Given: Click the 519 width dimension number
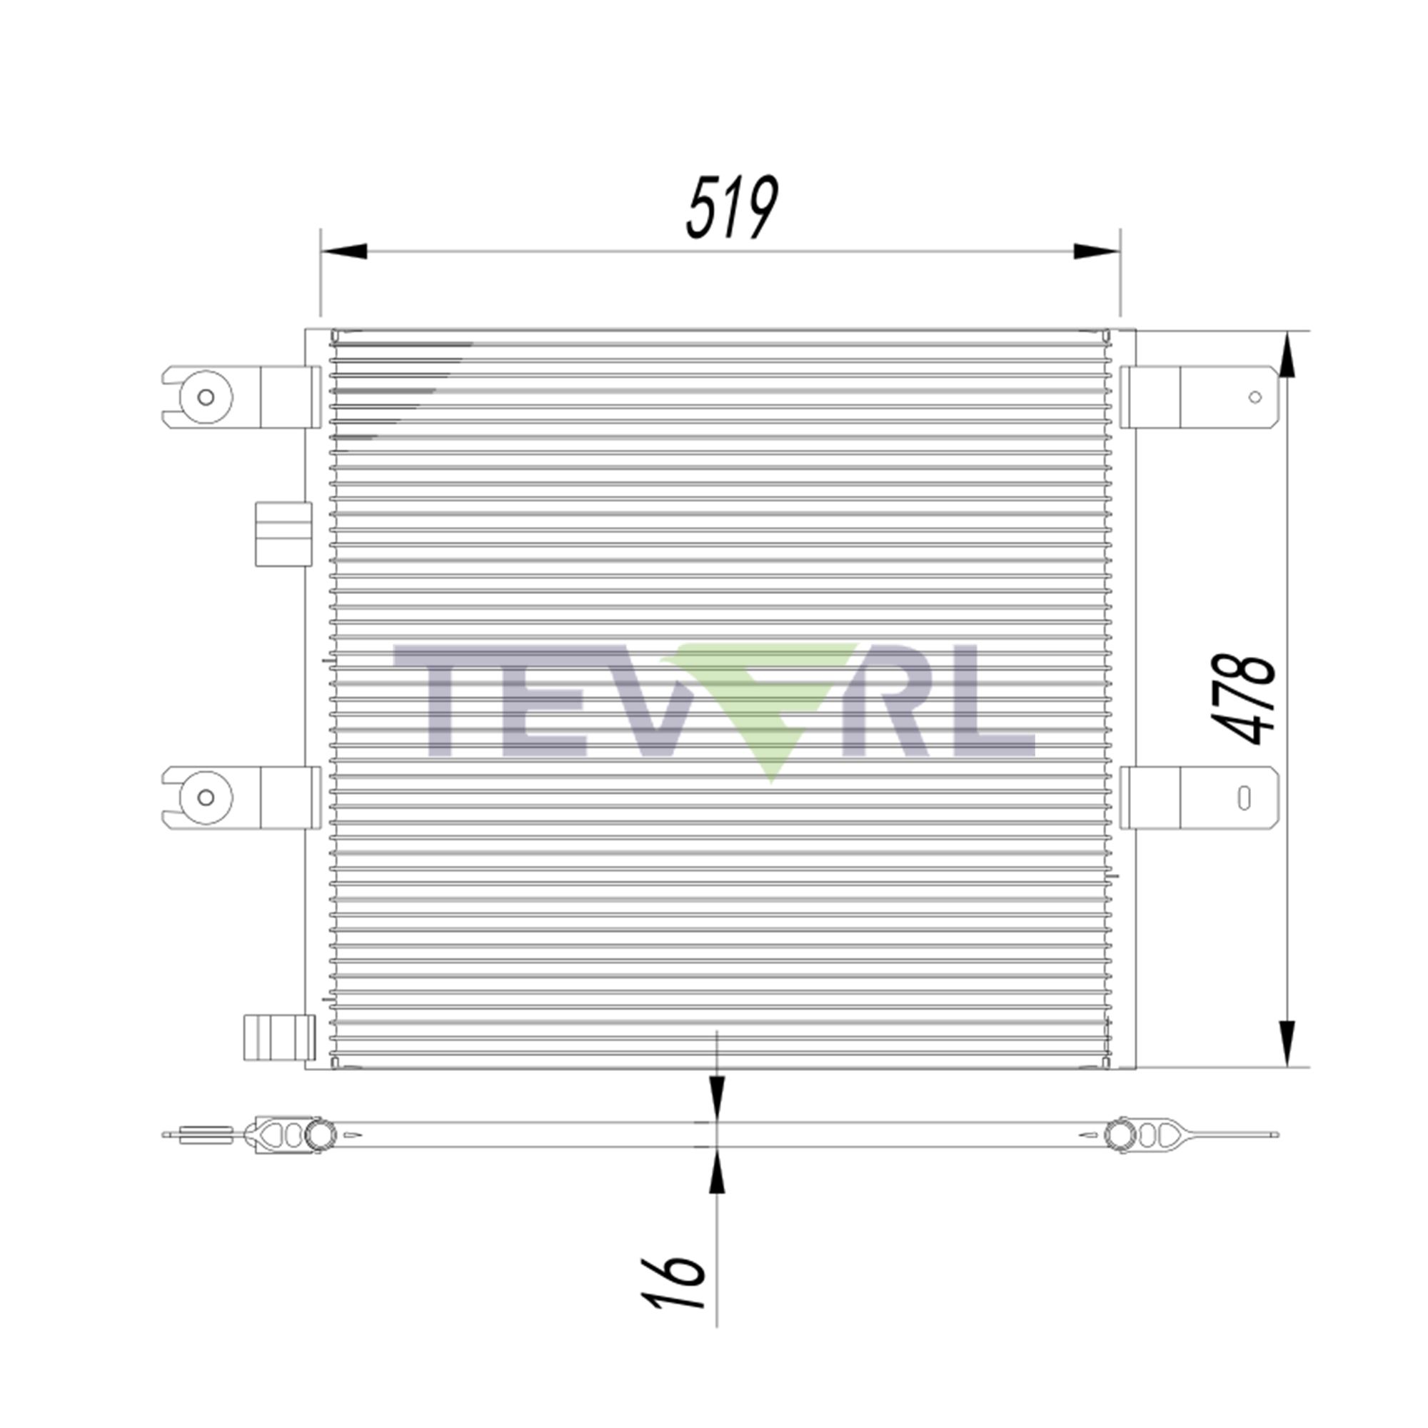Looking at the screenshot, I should (732, 208).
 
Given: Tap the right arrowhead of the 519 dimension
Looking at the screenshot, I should (1096, 251).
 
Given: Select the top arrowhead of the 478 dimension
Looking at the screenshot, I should (1287, 357).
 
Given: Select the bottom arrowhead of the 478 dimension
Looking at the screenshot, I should (1287, 1042).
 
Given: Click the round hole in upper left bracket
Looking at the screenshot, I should (206, 398).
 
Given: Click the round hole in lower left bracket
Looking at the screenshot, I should (206, 798).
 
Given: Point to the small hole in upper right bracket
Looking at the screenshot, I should (1255, 398).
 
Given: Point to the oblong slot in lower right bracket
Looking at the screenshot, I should (1245, 798).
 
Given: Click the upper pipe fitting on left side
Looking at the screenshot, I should (283, 534).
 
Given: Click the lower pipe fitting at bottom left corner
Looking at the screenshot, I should (279, 1037).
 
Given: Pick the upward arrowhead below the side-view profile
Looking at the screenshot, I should (717, 1173).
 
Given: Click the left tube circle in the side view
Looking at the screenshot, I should (320, 1135).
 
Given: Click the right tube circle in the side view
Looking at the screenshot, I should (1120, 1135).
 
